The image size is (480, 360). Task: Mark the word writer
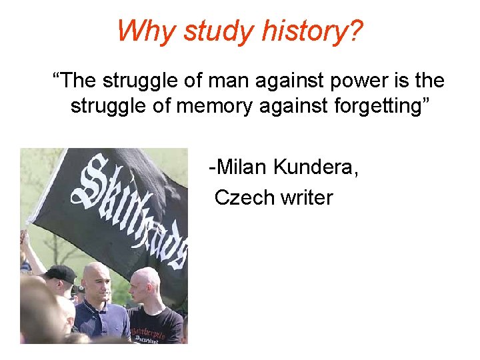pos(306,197)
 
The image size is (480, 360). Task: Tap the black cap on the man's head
pos(61,273)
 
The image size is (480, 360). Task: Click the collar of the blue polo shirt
pos(100,308)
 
